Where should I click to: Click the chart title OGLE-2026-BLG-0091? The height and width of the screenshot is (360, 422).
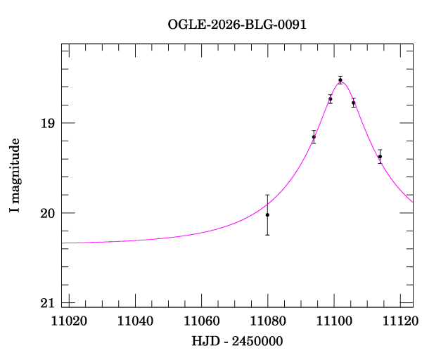coord(237,24)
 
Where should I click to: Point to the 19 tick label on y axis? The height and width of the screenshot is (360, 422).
coord(46,123)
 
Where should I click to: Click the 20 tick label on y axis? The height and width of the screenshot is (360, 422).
coord(46,213)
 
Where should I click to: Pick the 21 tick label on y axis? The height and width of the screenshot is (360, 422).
coord(46,303)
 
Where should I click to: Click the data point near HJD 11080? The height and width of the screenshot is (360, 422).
coord(267,214)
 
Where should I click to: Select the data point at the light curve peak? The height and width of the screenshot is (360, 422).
coord(340,80)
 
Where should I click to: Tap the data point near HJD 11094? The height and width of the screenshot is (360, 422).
coord(314,137)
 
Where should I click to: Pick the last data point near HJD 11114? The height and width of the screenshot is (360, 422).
coord(380,157)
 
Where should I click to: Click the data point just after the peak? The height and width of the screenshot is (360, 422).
coord(354,103)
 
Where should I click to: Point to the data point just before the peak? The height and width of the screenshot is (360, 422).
coord(330,99)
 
